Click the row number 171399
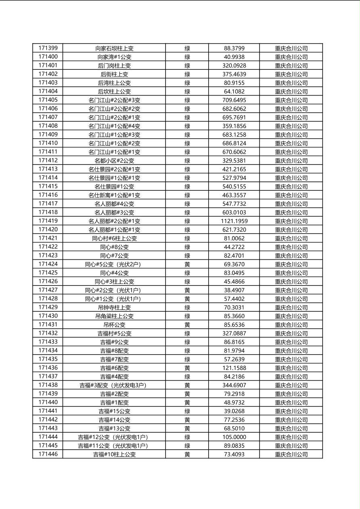click(48, 48)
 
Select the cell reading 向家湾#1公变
click(114, 57)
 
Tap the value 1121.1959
click(234, 221)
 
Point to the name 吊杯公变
click(114, 325)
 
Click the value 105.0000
click(234, 437)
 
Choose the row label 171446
click(48, 454)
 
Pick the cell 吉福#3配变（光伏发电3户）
click(114, 385)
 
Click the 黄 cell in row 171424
click(187, 264)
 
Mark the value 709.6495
click(234, 100)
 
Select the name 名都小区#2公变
click(114, 161)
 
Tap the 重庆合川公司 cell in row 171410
click(291, 143)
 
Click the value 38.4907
click(234, 290)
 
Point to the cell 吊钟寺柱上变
click(114, 307)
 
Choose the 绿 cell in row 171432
click(187, 333)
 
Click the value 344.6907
click(234, 385)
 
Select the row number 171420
click(48, 229)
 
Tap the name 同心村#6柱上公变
click(114, 238)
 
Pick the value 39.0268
click(234, 411)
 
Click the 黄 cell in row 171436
click(187, 368)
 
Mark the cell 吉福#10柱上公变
click(114, 455)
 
